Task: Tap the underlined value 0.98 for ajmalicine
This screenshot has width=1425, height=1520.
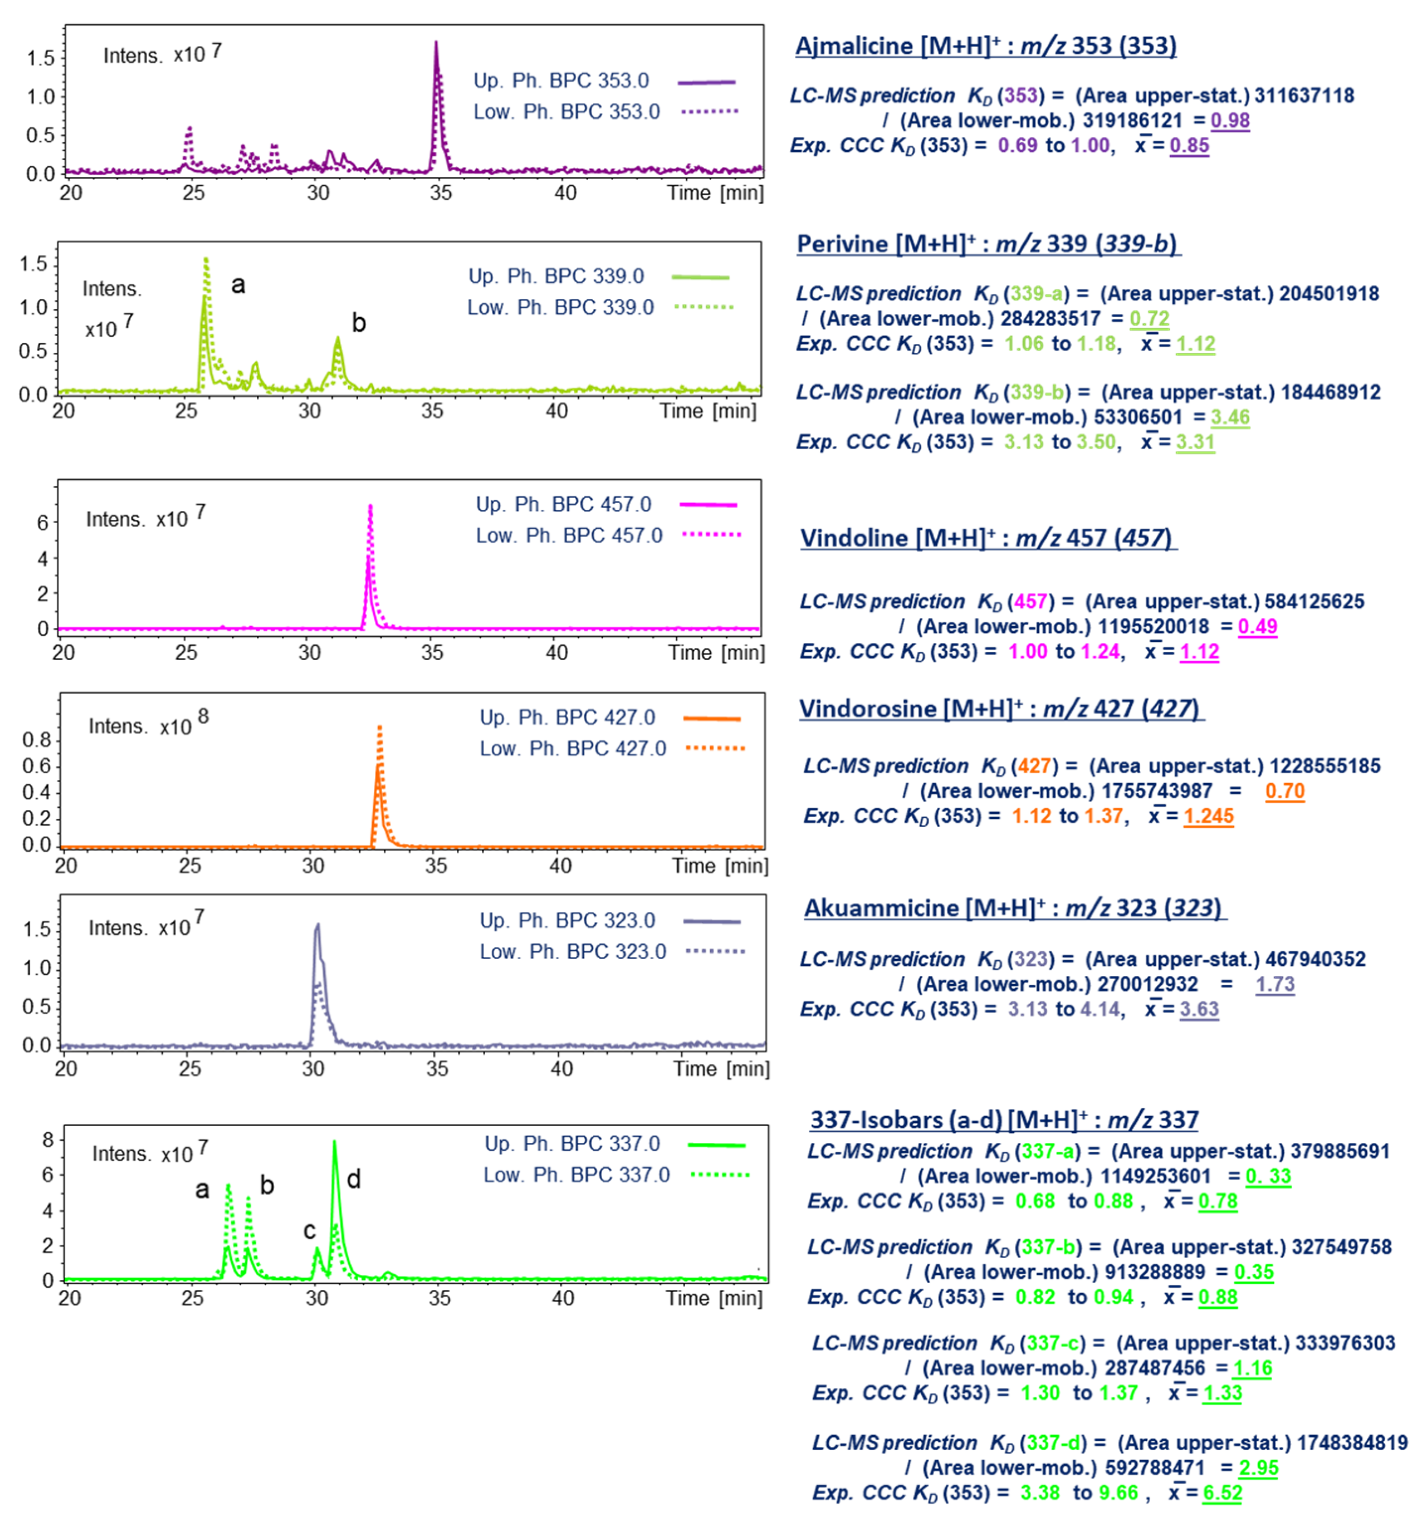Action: (1230, 121)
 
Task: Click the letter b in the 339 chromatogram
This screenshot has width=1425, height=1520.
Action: (359, 323)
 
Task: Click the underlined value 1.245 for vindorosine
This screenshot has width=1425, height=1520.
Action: (1209, 816)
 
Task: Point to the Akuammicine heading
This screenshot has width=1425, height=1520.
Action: (1014, 909)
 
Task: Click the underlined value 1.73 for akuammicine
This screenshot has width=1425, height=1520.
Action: (1274, 984)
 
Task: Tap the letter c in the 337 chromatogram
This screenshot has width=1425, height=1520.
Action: (310, 1230)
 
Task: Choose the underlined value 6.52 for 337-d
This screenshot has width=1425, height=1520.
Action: (1222, 1493)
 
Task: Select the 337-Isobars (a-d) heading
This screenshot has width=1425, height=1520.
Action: (1003, 1120)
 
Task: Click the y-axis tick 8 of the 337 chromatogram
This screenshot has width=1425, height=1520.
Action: (48, 1140)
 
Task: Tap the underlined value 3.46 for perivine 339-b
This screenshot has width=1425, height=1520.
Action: (1230, 418)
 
